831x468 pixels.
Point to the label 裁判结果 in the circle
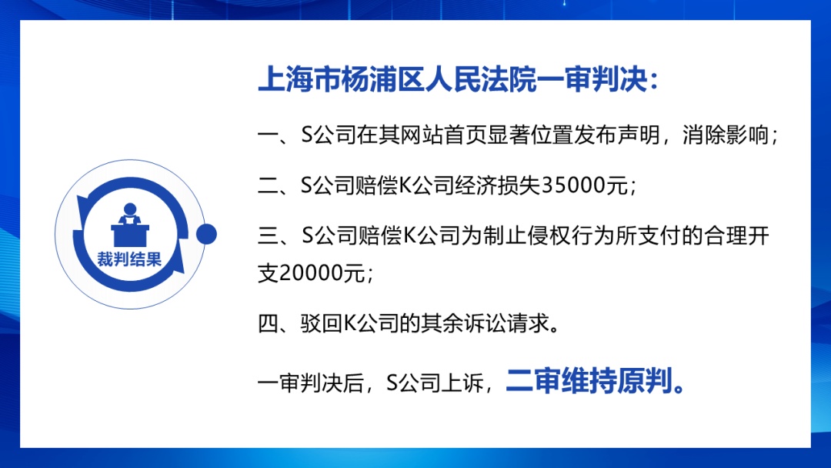point(129,259)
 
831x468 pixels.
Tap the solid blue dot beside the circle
point(206,234)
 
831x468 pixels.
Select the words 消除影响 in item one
point(726,135)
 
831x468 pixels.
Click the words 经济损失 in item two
point(497,186)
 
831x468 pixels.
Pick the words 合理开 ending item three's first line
point(736,236)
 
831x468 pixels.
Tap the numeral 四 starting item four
point(269,323)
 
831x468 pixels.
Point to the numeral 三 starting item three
point(269,236)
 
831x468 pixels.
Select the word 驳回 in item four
point(322,323)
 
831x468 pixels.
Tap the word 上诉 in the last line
point(462,382)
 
